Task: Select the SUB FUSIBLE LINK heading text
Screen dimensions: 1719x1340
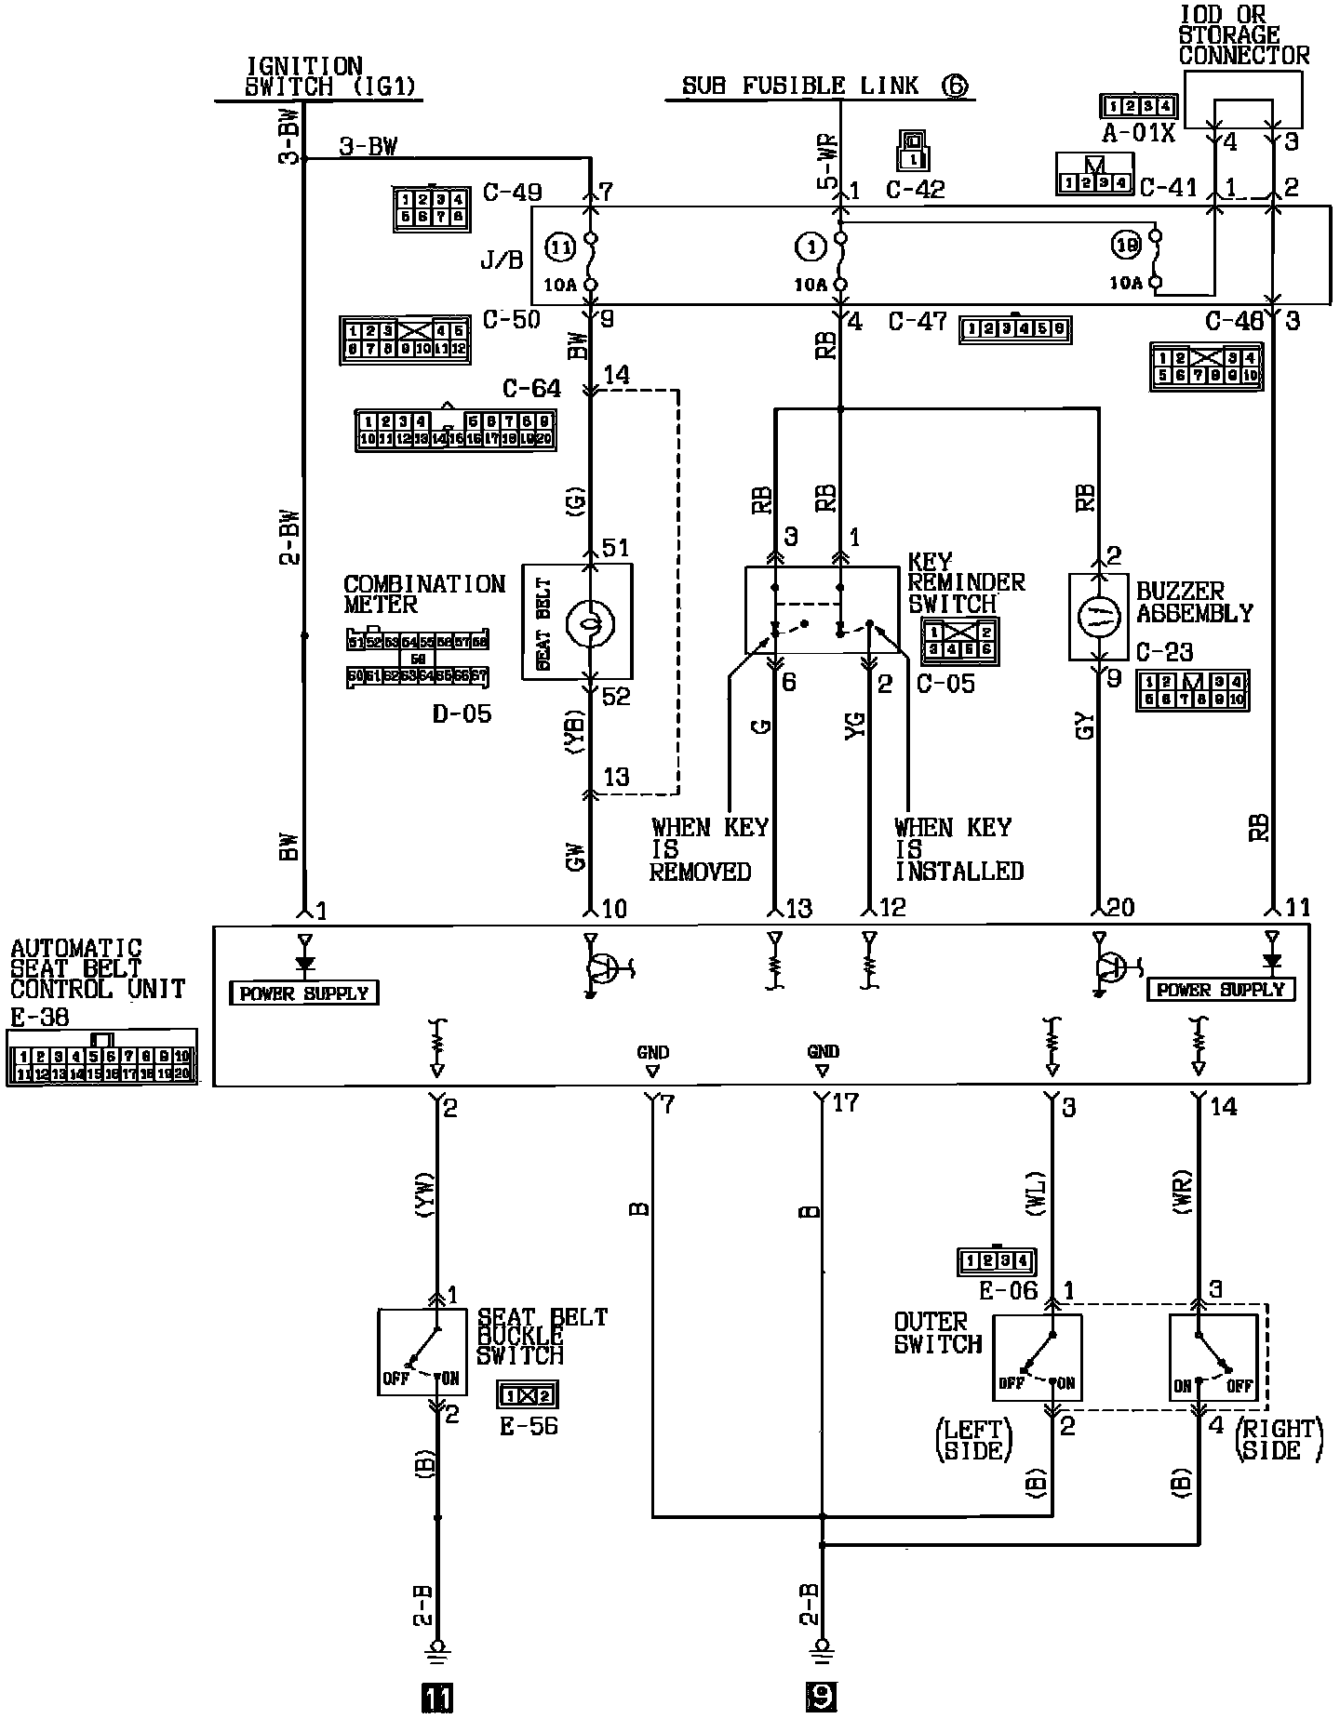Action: [800, 87]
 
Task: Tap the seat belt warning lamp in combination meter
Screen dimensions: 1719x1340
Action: [588, 620]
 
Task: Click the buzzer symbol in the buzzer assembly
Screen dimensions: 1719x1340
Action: [1100, 618]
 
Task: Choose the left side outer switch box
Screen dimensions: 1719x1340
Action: [1037, 1358]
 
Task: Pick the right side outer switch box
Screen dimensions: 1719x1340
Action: [1213, 1358]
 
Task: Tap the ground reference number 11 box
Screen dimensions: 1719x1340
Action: [436, 1699]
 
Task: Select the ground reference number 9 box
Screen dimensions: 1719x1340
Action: [820, 1699]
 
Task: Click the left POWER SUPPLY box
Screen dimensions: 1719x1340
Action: [304, 993]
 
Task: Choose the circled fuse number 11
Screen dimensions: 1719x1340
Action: [559, 248]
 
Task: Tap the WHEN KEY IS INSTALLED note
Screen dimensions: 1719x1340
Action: [958, 848]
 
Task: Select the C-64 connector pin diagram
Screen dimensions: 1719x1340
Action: [455, 430]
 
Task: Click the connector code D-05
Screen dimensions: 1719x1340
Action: [462, 713]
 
